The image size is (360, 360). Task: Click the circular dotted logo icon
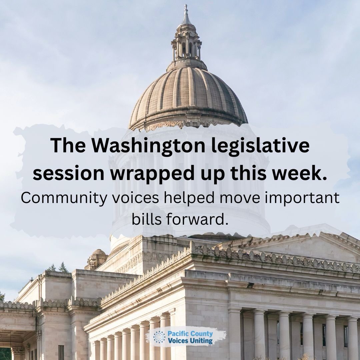[159, 337]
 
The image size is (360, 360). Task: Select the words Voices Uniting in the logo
[190, 341]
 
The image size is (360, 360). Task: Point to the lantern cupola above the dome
[186, 47]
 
